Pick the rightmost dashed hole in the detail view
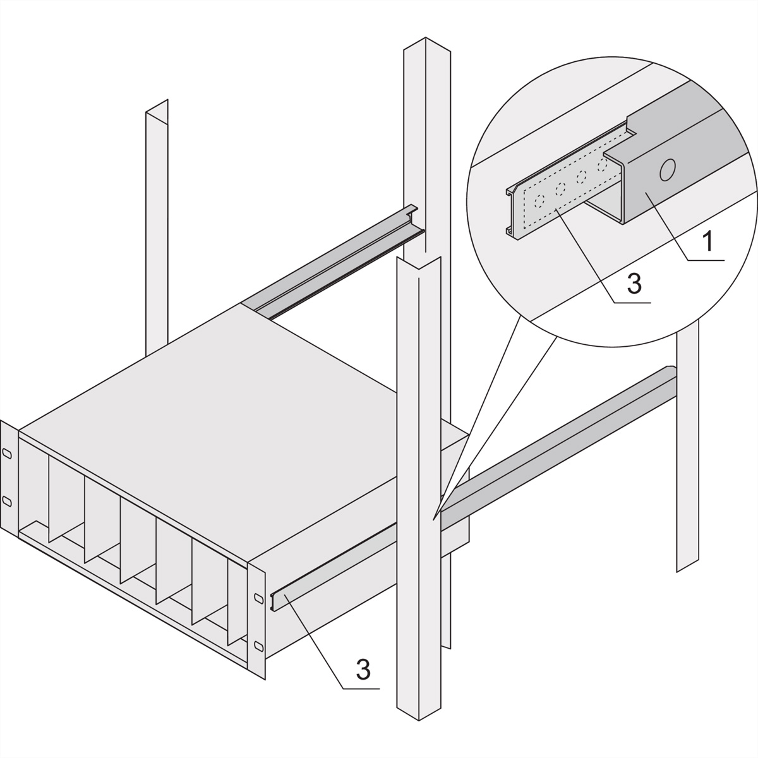602,165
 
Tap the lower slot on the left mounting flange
7,502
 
